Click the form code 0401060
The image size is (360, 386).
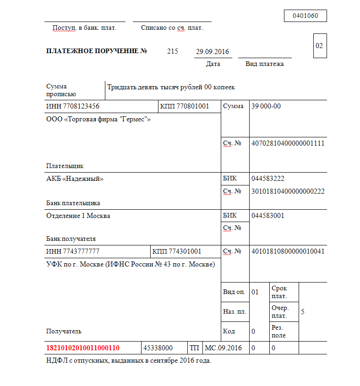tap(305, 16)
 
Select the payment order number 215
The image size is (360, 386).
tap(173, 51)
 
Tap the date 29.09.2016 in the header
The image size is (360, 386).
tap(213, 52)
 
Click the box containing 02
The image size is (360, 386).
tap(319, 46)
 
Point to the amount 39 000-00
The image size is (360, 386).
tap(266, 106)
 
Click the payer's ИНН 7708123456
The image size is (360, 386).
tap(73, 106)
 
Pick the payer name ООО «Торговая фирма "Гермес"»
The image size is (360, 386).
tap(98, 120)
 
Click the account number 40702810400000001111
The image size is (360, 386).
tap(288, 143)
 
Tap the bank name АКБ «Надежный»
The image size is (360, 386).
tap(75, 179)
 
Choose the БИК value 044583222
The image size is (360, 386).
tap(268, 179)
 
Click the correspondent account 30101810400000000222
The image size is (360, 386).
tap(288, 191)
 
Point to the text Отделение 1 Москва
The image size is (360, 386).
tap(78, 216)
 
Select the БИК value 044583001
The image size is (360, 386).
tap(268, 216)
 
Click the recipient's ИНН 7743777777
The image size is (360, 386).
tap(73, 251)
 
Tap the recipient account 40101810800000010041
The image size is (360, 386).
tap(288, 251)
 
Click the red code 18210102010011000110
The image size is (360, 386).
tap(83, 348)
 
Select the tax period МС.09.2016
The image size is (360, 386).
tap(223, 348)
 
